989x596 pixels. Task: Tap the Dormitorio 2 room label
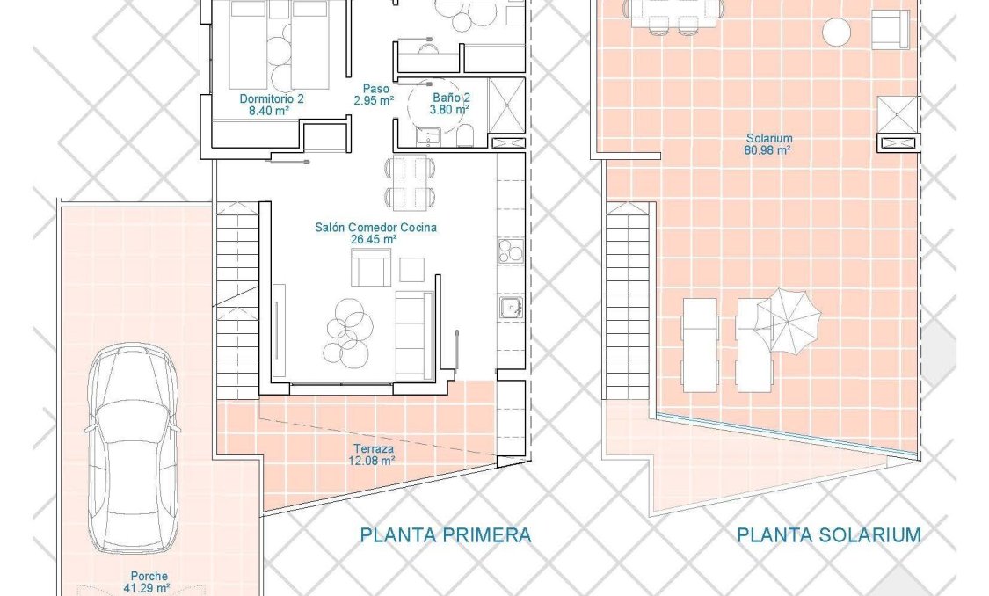click(272, 99)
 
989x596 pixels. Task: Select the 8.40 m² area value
click(270, 112)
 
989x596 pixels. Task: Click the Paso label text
click(375, 89)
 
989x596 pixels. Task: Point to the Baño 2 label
click(451, 98)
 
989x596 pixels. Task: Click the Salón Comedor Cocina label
click(375, 227)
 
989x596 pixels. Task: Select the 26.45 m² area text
click(375, 238)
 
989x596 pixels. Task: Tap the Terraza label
click(367, 447)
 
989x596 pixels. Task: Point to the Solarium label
click(769, 138)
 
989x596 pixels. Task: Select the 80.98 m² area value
click(768, 149)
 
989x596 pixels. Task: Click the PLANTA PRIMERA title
click(446, 534)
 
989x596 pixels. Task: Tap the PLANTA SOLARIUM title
click(829, 534)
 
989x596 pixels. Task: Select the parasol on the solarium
click(788, 321)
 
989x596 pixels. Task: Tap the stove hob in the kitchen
click(510, 251)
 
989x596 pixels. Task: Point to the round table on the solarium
click(836, 33)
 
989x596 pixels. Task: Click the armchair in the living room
click(371, 267)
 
